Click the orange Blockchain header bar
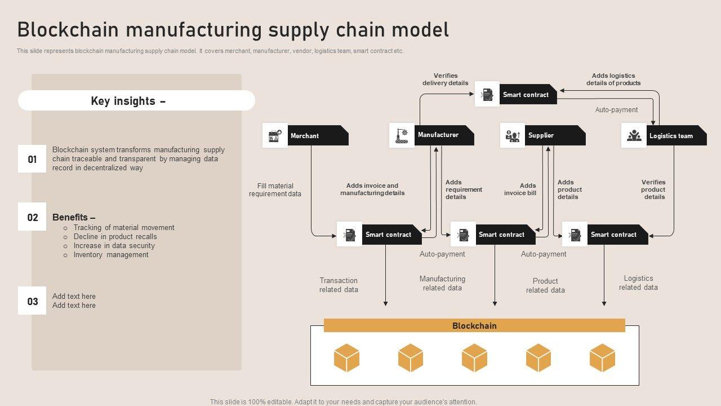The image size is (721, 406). tap(474, 326)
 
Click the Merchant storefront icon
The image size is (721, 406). tap(275, 136)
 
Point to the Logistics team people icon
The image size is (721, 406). tap(634, 136)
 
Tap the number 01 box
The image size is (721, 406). tap(32, 159)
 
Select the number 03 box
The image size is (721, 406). tap(32, 301)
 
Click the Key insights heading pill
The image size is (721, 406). tap(136, 101)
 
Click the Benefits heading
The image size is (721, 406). tap(74, 217)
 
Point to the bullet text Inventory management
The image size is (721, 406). tap(111, 255)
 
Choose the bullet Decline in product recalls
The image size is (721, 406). tap(115, 237)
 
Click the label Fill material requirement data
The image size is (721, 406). tap(275, 190)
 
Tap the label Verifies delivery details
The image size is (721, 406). tap(446, 80)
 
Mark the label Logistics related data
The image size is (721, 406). tap(638, 283)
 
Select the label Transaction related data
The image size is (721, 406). tap(339, 285)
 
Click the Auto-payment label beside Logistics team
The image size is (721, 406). tap(616, 110)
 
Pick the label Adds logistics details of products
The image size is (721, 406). tap(613, 80)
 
